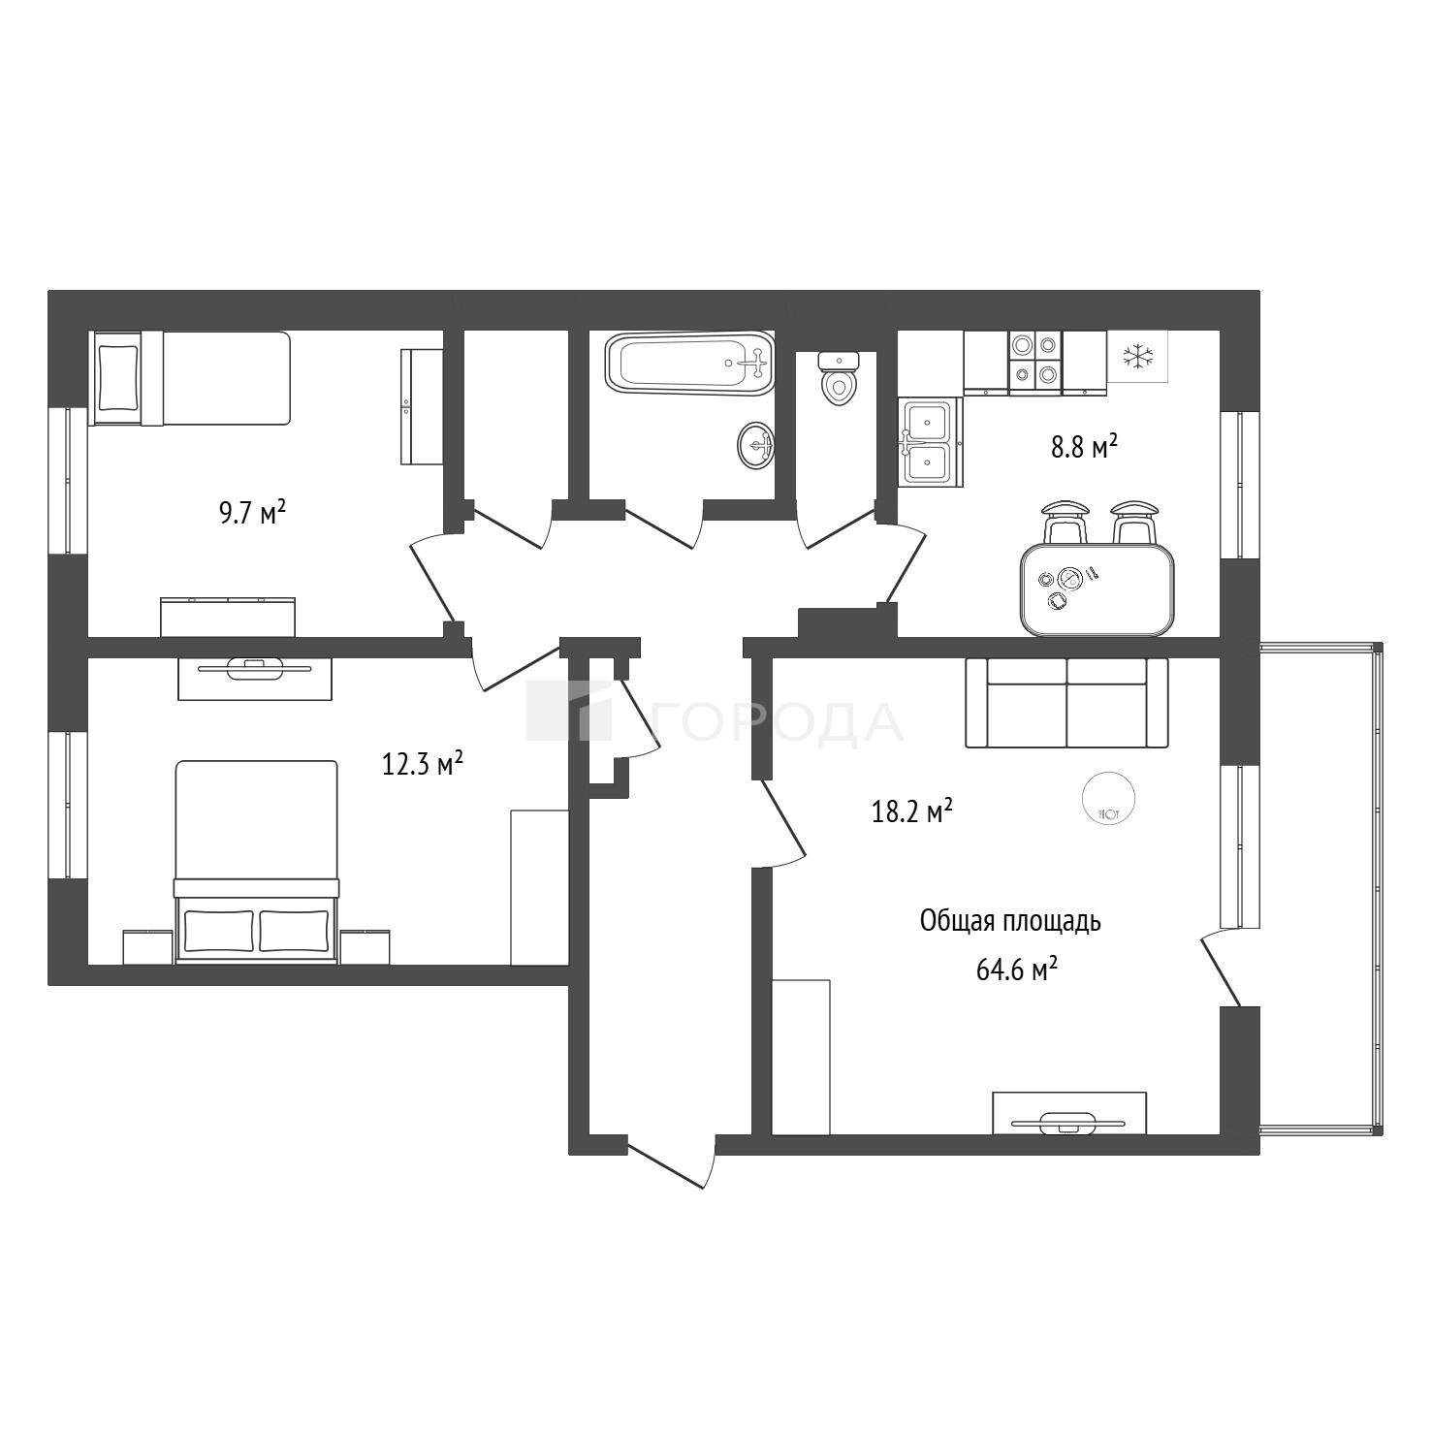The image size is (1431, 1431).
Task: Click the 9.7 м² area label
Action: (252, 512)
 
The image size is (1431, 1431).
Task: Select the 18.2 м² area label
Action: (912, 811)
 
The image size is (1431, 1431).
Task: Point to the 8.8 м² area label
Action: (1084, 448)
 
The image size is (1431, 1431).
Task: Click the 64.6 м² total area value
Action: (1016, 970)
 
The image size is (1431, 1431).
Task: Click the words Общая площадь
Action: (1010, 921)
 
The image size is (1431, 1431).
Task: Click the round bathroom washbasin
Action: (755, 445)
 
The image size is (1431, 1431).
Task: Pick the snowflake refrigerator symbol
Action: (1138, 357)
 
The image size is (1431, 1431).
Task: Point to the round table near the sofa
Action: (1108, 798)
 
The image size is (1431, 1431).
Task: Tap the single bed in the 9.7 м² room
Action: (190, 378)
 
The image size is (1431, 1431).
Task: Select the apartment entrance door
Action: (670, 1161)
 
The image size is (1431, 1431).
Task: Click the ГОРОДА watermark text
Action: (777, 721)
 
